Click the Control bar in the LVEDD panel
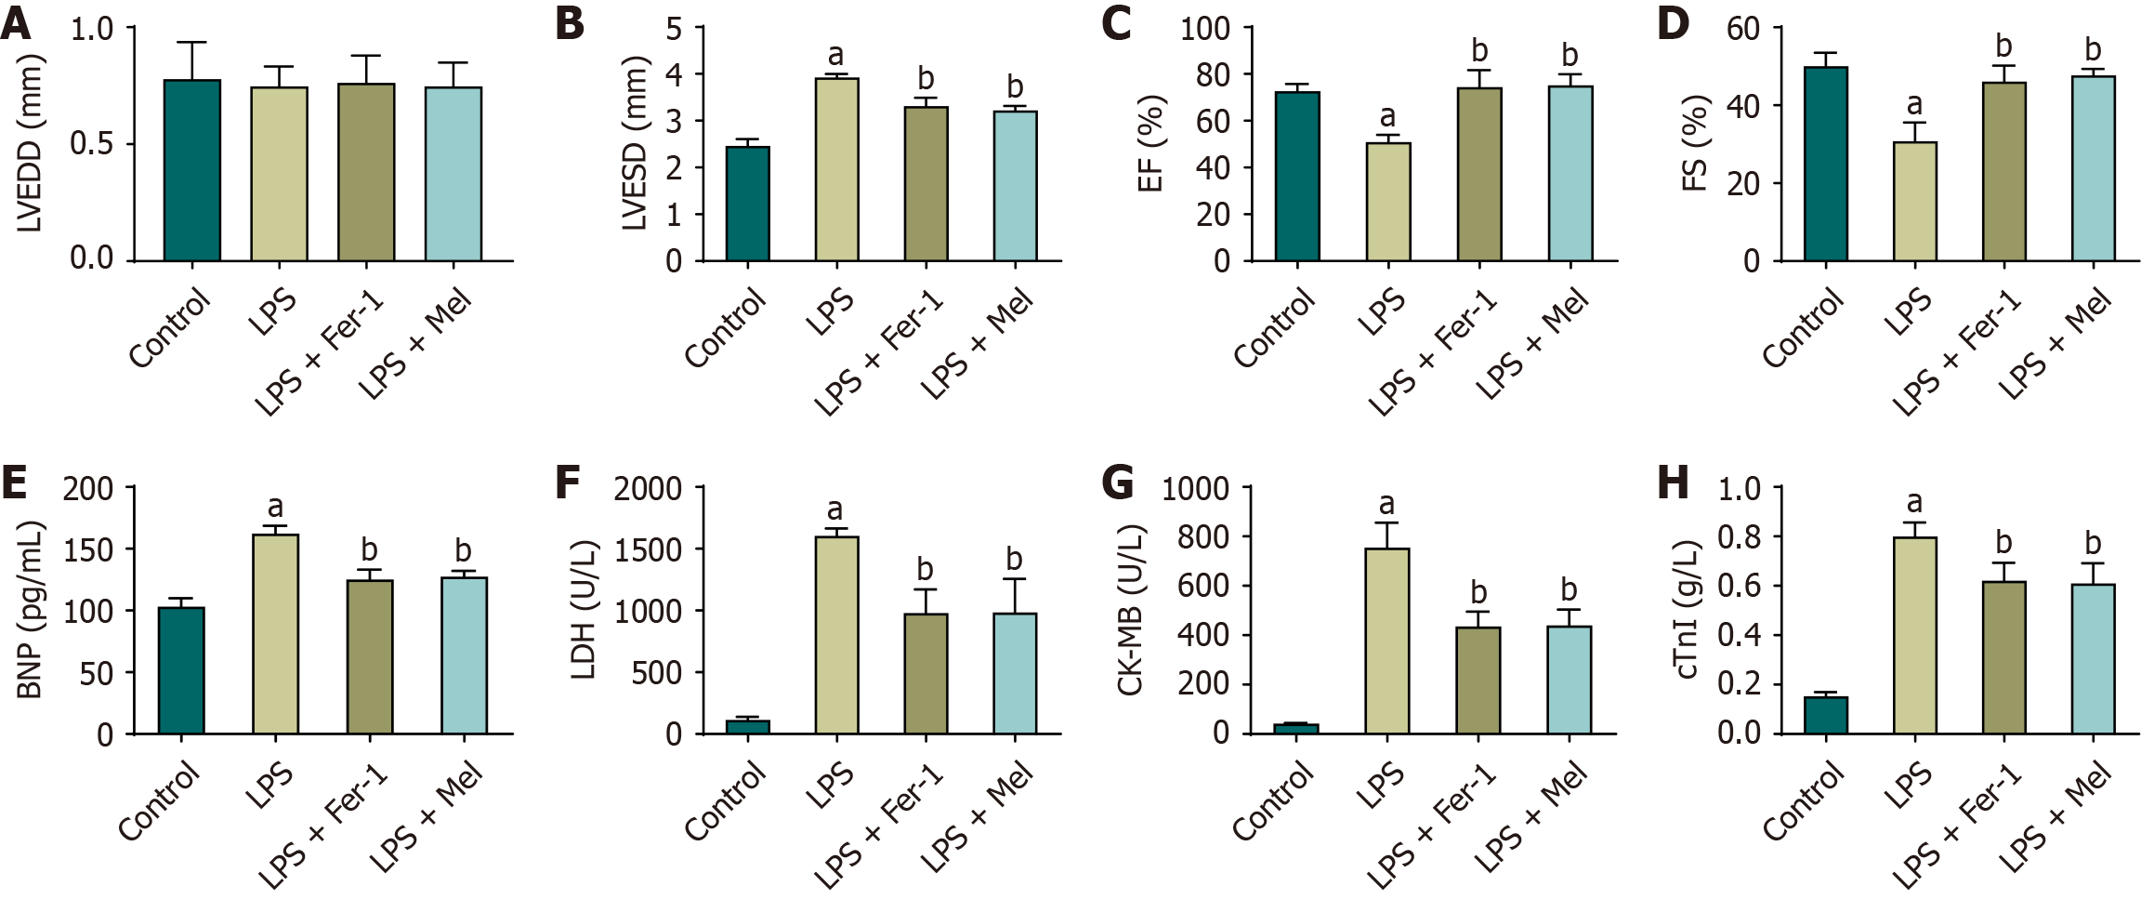[192, 170]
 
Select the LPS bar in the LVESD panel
[836, 169]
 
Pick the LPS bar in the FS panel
[1914, 201]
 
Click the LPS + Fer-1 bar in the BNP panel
[369, 656]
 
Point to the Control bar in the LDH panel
[747, 726]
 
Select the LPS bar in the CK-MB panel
[1386, 641]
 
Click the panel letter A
[16, 24]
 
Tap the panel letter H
[1673, 484]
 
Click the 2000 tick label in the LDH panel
[648, 488]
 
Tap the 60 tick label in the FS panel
[1743, 29]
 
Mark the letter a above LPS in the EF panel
[1387, 117]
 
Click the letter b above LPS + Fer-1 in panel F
[926, 568]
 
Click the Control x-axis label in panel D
[1803, 327]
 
